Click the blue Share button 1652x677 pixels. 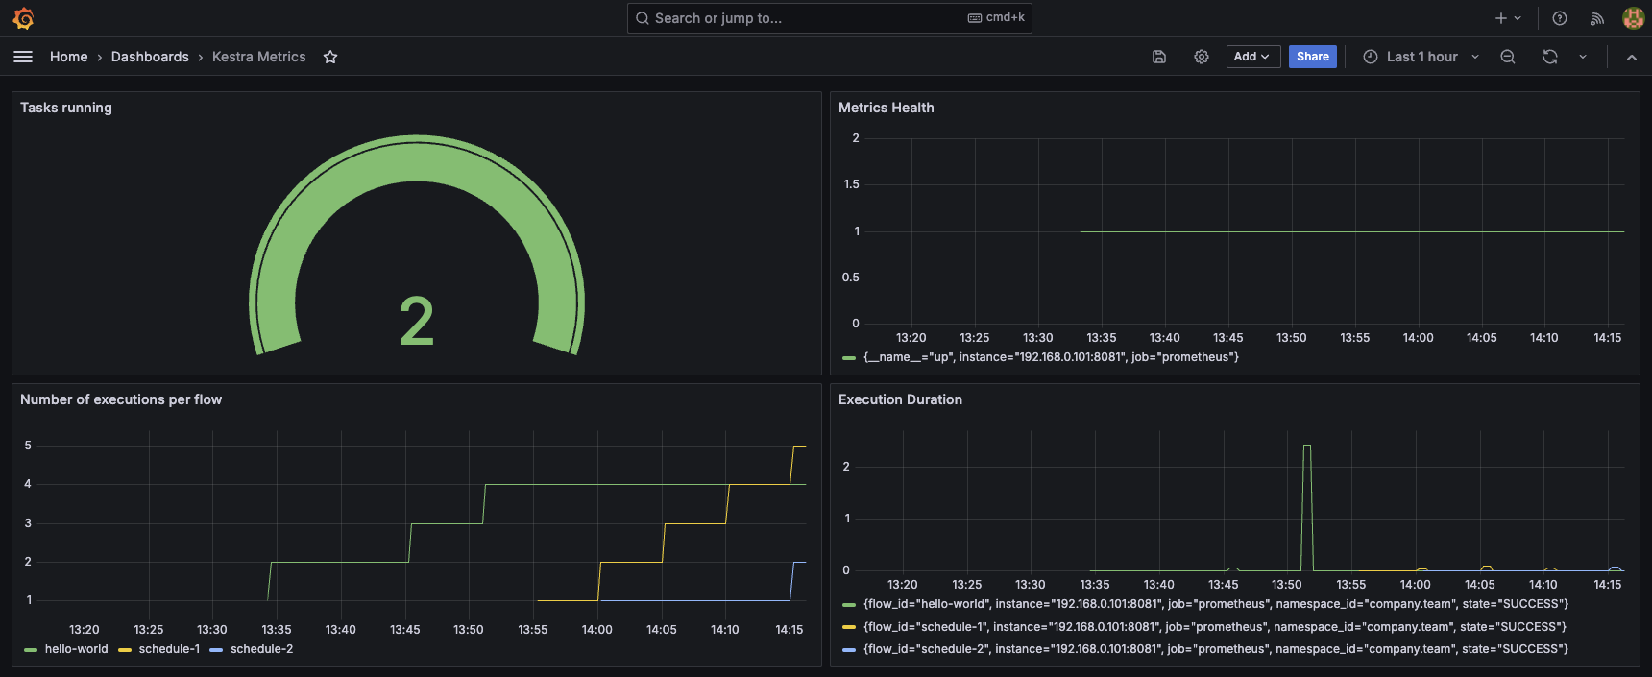coord(1312,57)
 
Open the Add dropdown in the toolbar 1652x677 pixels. coord(1252,57)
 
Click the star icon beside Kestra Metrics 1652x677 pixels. coord(330,58)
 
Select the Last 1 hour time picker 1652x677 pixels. coord(1421,57)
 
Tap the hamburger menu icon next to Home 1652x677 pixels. coord(23,57)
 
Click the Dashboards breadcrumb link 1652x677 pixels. coord(150,57)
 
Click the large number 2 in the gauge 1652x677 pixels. coord(416,322)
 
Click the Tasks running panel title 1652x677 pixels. coord(66,108)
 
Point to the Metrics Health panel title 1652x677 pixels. coord(886,108)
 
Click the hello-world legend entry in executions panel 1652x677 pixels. coord(76,649)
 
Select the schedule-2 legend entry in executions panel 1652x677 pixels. coord(261,649)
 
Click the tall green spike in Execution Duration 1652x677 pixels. coord(1306,480)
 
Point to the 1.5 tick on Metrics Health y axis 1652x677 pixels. coord(851,184)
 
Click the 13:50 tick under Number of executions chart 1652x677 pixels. coord(469,630)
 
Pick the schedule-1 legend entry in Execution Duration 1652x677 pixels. coord(1214,627)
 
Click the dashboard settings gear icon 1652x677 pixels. coord(1201,57)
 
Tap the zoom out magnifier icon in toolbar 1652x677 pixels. coord(1508,57)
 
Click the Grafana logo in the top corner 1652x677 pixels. coord(23,18)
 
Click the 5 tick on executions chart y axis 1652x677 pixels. coord(28,446)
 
